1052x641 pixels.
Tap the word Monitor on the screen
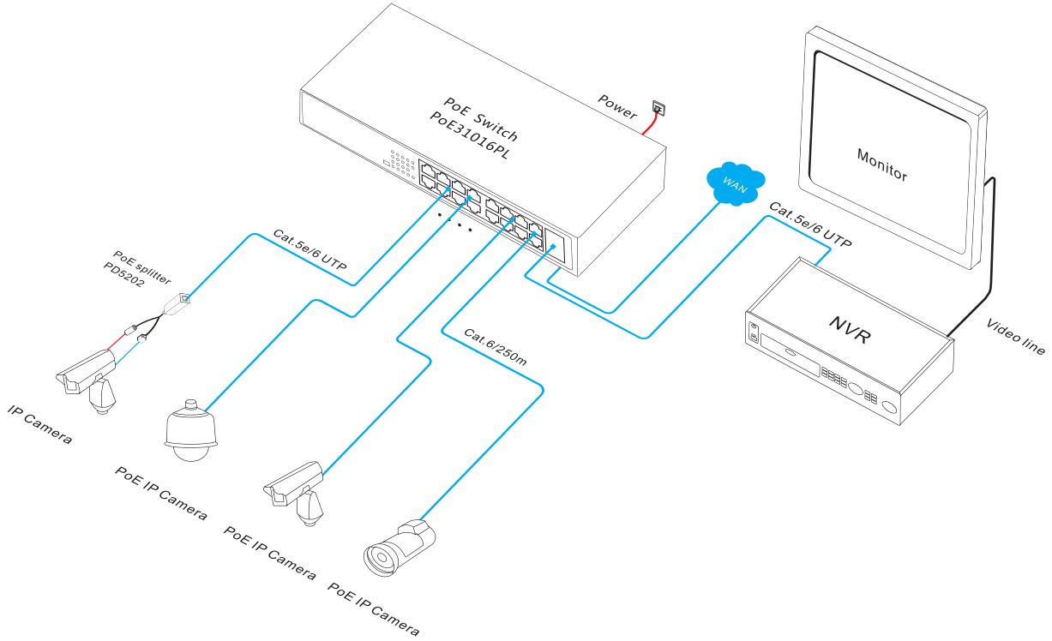(x=881, y=163)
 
